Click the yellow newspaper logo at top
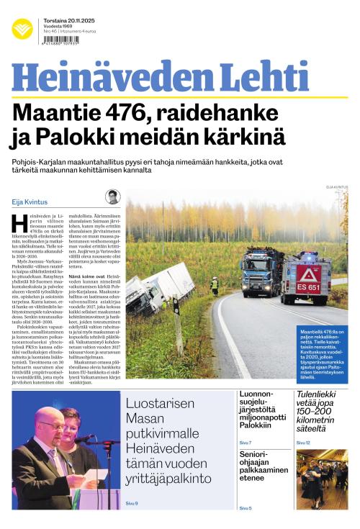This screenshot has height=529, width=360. [x=22, y=30]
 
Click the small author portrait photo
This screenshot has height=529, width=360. [x=112, y=197]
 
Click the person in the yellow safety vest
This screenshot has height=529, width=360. [x=214, y=285]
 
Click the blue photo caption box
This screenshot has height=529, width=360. [x=322, y=352]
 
